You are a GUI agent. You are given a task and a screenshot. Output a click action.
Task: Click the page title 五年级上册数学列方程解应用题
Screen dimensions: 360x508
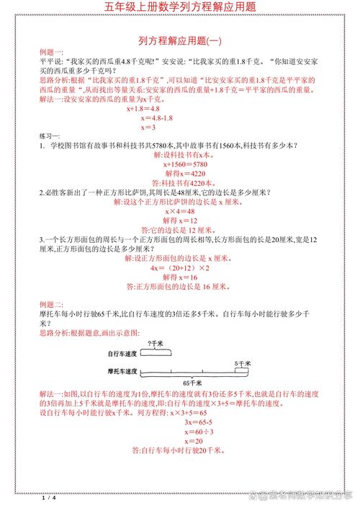coord(180,7)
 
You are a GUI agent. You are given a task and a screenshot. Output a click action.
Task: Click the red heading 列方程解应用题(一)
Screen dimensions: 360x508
coord(180,40)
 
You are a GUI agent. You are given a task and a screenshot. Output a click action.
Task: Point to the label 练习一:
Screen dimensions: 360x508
coord(50,135)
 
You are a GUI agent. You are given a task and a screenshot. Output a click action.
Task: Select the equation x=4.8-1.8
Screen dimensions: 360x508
coord(156,117)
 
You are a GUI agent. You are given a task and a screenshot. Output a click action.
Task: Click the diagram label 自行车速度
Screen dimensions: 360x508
coord(122,355)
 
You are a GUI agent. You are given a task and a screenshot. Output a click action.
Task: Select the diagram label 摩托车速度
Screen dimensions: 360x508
coord(122,371)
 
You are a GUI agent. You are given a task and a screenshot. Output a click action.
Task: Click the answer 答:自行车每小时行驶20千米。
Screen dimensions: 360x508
coord(180,450)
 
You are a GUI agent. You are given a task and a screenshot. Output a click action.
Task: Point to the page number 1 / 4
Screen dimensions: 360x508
coord(49,498)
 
